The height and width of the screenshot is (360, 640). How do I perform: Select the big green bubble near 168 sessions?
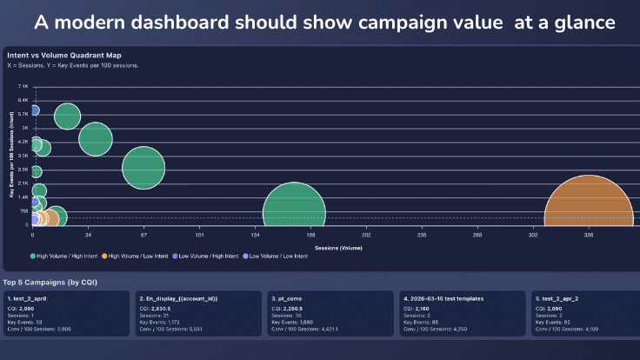[295, 214]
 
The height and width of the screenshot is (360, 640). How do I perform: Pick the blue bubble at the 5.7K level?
[34, 110]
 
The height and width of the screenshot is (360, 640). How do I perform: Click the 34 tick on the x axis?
[88, 235]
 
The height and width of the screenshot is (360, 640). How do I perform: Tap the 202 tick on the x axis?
[366, 235]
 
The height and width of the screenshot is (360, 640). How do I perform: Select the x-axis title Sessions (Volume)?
[338, 247]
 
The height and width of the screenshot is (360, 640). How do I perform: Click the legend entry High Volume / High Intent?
[65, 257]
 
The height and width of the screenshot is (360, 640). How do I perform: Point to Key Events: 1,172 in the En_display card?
[160, 322]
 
